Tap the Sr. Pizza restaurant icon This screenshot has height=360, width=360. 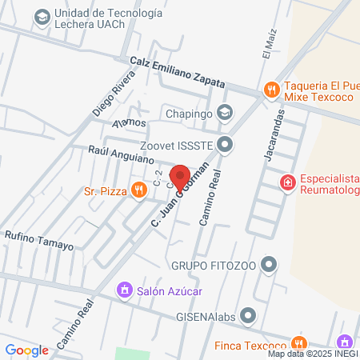(139, 190)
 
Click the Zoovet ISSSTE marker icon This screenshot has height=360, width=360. (226, 145)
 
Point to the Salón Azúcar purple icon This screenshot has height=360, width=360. (124, 289)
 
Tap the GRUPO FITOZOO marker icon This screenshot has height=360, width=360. (270, 263)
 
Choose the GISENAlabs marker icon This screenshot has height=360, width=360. (248, 314)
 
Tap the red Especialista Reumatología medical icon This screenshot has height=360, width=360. (286, 183)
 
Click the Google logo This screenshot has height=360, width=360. (26, 350)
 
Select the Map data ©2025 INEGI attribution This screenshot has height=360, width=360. (312, 354)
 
